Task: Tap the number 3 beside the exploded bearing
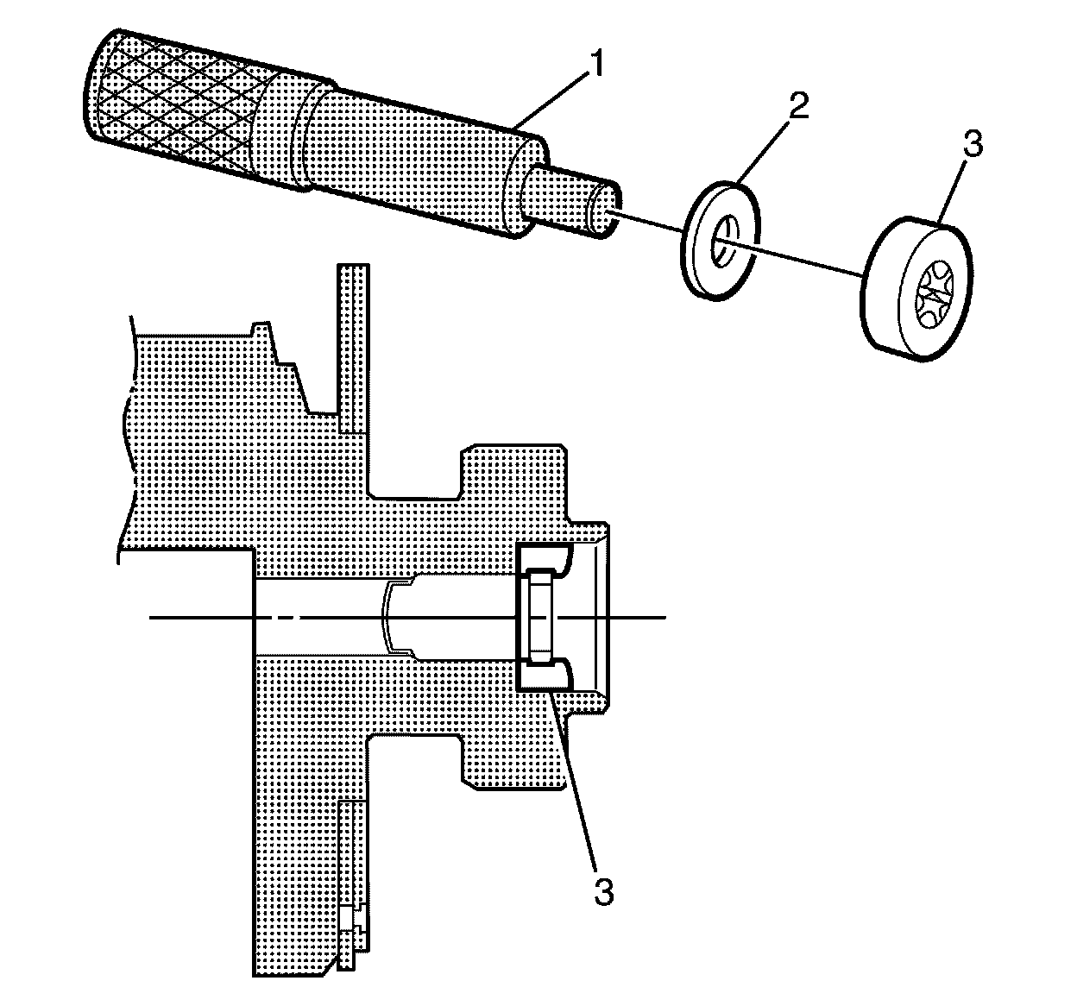[973, 144]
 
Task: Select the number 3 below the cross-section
[603, 891]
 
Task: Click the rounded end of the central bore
[389, 617]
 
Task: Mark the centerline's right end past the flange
[660, 617]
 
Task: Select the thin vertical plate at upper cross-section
[355, 345]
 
